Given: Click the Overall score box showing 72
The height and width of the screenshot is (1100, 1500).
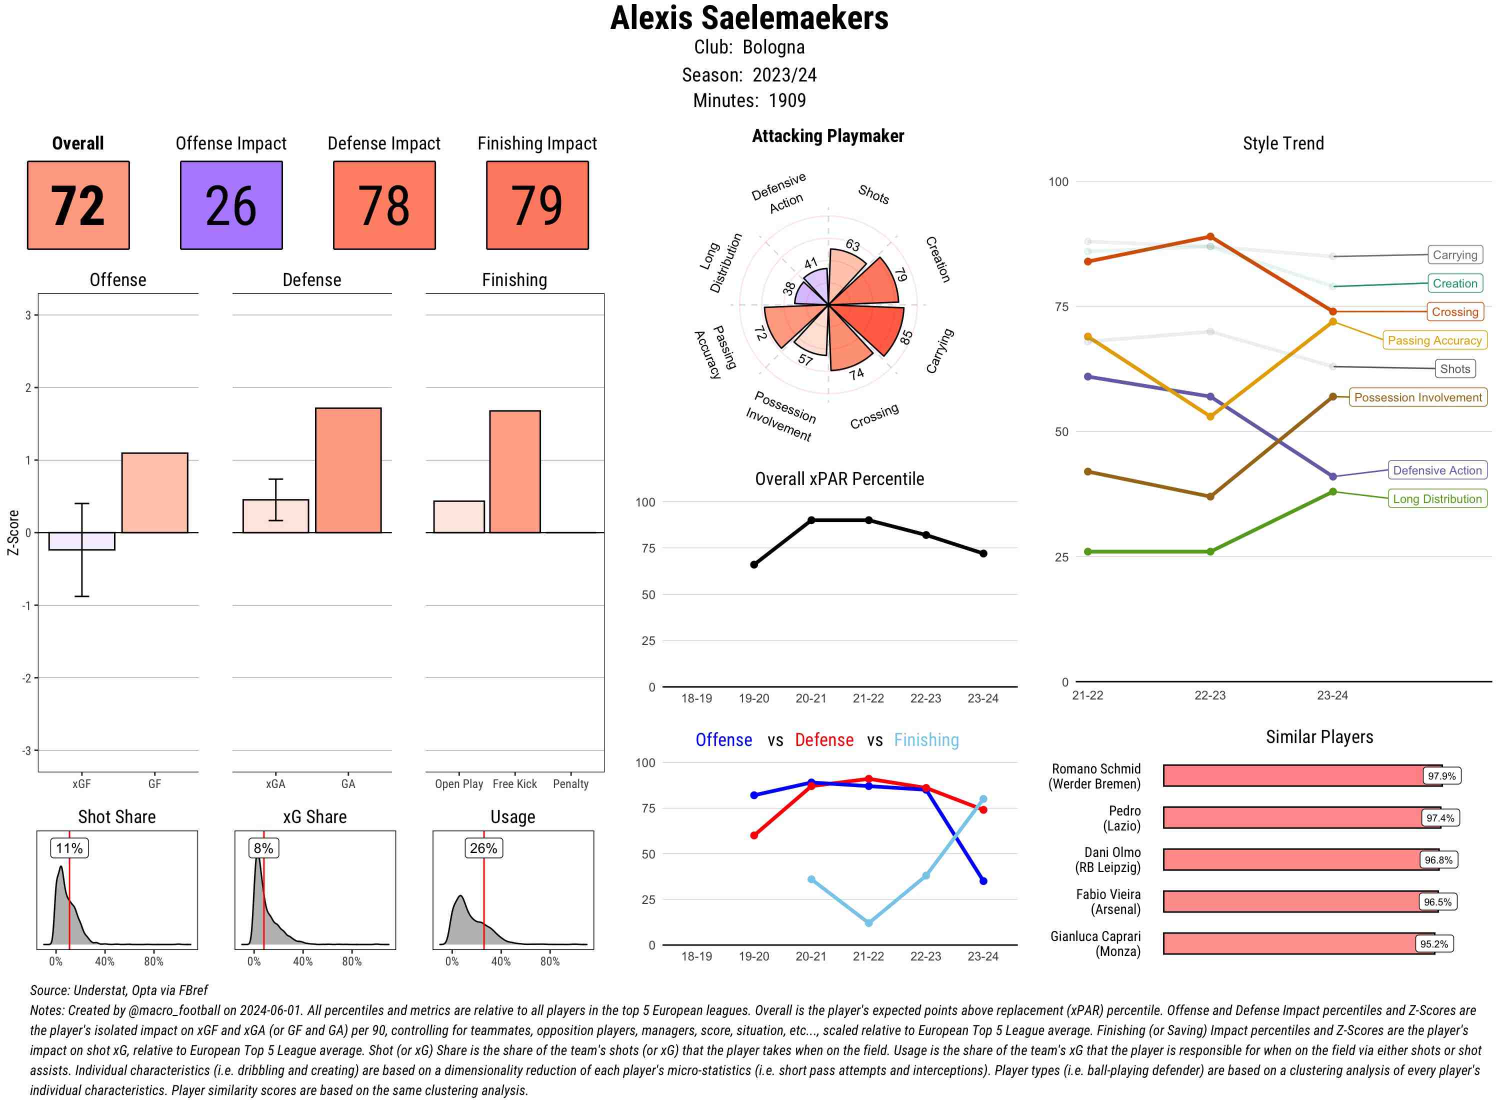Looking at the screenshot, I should [x=78, y=205].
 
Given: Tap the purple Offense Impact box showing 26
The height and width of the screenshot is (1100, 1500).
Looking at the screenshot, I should [x=231, y=205].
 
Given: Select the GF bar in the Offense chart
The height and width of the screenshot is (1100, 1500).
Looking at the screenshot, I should [x=154, y=492].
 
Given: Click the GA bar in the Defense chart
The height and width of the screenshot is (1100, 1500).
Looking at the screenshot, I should [x=348, y=470].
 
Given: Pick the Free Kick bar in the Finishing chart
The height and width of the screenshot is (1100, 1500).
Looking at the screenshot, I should [x=514, y=471].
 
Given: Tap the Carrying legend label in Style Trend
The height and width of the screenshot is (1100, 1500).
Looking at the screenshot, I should [x=1454, y=255].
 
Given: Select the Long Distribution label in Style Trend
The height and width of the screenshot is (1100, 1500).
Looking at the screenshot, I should [x=1437, y=498].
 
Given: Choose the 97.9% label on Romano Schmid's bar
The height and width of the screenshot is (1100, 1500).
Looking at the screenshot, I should [x=1441, y=775].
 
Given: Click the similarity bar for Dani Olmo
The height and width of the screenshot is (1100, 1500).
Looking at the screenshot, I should [x=1291, y=859].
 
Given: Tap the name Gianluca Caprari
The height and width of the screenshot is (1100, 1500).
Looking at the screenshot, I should [x=1095, y=936].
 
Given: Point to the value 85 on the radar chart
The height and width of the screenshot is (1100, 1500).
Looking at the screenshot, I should [x=905, y=337].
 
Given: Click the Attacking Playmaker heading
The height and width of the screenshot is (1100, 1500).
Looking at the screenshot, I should [x=827, y=136].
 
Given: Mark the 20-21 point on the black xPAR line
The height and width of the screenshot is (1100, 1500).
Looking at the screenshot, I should [x=811, y=520].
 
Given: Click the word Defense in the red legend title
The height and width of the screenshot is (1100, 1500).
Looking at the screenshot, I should [x=823, y=740].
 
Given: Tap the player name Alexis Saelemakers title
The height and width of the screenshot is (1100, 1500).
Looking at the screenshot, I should [x=749, y=18].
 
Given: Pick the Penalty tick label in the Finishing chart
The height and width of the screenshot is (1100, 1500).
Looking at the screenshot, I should [x=570, y=783].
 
